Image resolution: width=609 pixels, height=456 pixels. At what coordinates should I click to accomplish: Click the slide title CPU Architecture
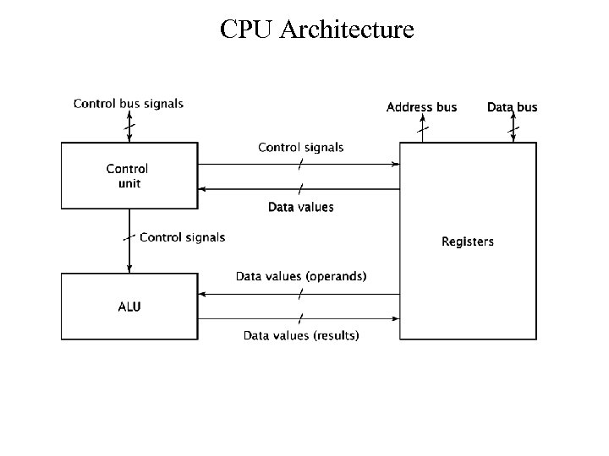point(316,30)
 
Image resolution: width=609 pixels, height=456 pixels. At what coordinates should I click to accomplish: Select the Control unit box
point(128,175)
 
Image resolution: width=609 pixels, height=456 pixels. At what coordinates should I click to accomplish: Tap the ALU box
point(128,307)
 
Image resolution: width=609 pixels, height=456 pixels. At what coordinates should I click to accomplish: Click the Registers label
point(467,242)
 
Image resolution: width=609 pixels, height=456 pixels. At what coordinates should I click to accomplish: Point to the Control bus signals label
point(129,104)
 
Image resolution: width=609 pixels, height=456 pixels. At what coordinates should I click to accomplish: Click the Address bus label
point(421,107)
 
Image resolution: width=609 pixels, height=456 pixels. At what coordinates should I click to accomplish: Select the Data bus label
point(512,107)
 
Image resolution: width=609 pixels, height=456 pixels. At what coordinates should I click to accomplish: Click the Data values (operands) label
point(301,276)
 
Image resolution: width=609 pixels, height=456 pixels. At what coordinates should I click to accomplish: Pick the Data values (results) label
point(301,335)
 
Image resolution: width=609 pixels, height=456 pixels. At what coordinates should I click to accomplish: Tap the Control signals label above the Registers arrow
point(301,147)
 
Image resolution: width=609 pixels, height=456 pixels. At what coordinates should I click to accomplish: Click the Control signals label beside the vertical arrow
point(182,237)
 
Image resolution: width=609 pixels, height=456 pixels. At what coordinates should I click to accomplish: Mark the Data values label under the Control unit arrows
point(301,207)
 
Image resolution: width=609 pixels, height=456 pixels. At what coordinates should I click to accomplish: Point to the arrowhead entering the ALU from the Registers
point(202,294)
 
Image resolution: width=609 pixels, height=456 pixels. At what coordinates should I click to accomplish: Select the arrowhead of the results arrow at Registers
point(395,318)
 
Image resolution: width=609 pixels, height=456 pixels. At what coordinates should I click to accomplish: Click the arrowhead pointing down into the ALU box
point(129,268)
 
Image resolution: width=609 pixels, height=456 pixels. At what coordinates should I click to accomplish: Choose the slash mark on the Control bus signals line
point(129,128)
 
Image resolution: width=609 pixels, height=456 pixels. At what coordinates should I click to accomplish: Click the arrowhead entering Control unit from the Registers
point(202,189)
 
